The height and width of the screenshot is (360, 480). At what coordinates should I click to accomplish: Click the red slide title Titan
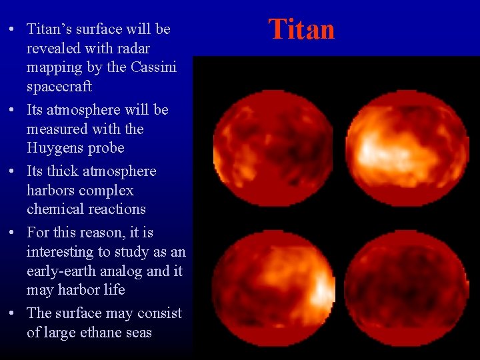click(x=301, y=29)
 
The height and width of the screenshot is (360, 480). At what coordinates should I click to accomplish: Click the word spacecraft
click(x=59, y=87)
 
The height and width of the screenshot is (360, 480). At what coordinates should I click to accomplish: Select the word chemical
click(x=55, y=209)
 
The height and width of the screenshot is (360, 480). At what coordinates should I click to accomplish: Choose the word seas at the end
click(x=137, y=332)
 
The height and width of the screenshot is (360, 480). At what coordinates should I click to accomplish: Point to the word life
click(x=113, y=290)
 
